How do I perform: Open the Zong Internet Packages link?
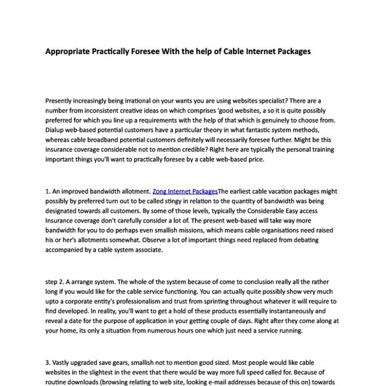pos(185,191)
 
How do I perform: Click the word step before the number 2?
pos(53,280)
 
